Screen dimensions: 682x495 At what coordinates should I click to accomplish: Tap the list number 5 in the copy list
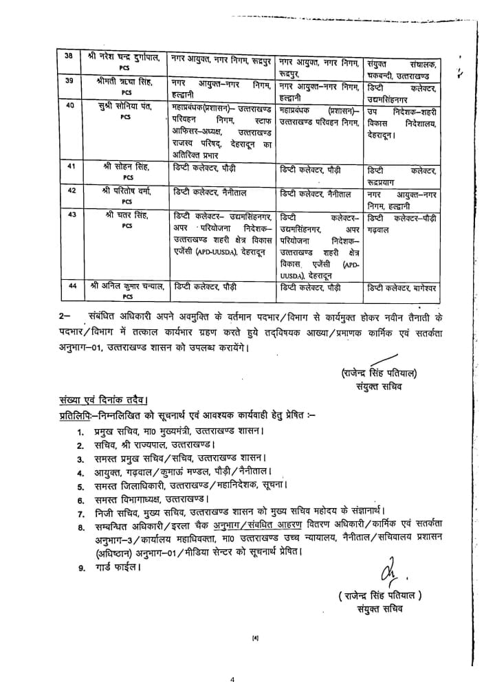(x=80, y=486)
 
